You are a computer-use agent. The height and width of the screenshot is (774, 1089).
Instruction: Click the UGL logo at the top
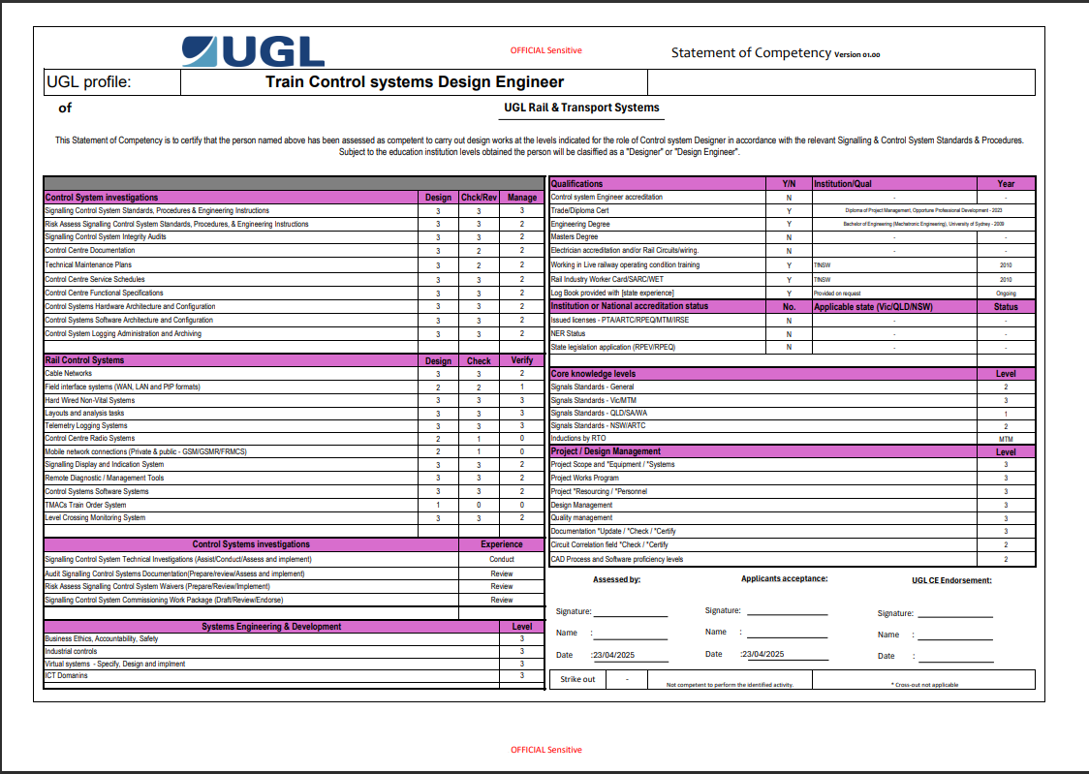coord(253,50)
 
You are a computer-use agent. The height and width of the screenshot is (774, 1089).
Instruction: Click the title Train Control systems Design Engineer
coord(414,82)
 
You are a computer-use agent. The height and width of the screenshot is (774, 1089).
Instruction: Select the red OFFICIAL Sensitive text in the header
coord(545,50)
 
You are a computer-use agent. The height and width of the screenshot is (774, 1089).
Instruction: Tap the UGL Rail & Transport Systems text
coord(581,108)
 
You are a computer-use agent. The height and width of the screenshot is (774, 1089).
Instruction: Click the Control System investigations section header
coord(102,198)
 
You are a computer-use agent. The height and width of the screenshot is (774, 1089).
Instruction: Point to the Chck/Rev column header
coord(479,198)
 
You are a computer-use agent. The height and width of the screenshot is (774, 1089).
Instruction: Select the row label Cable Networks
coord(69,373)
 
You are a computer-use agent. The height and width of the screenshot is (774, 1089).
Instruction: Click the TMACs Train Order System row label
coord(85,505)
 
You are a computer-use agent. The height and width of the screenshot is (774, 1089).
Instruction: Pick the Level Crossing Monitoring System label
coord(95,517)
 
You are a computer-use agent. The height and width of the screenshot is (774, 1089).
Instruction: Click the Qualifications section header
coord(576,183)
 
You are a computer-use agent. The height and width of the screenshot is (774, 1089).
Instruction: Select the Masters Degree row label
coord(574,236)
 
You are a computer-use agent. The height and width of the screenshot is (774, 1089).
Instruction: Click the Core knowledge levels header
coord(593,373)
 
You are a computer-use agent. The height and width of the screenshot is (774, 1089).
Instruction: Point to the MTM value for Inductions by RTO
coord(1006,438)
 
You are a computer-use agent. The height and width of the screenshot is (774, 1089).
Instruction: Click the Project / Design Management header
coord(606,451)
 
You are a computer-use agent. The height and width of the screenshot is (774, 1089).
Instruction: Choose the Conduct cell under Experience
coord(502,559)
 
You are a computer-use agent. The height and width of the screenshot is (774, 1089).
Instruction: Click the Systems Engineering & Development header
coord(271,627)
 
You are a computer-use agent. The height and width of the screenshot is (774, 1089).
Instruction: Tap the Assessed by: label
coord(616,580)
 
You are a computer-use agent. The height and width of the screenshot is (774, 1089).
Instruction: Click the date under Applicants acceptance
coord(762,654)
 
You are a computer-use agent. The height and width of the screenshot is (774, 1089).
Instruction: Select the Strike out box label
coord(577,679)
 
